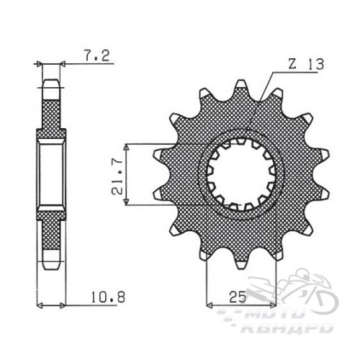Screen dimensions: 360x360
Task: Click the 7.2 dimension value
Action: (x=96, y=56)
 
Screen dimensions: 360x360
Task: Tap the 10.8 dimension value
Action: (x=108, y=297)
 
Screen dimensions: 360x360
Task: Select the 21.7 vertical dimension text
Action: (x=117, y=174)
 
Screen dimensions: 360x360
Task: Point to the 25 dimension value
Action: (x=238, y=297)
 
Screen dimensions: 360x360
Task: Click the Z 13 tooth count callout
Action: (x=306, y=64)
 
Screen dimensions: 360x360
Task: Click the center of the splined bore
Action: (x=241, y=174)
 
